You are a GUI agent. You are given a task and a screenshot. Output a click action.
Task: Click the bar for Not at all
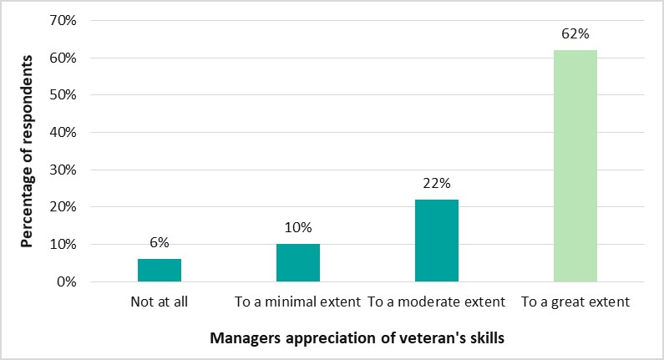point(159,270)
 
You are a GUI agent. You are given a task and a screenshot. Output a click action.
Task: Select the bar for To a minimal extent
point(297,262)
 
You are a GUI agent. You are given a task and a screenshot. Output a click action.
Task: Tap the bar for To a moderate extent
point(436,241)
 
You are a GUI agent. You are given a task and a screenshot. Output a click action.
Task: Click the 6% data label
point(160,242)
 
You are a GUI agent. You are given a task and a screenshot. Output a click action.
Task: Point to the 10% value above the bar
point(298,227)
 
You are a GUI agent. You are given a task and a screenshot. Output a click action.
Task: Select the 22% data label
point(437,183)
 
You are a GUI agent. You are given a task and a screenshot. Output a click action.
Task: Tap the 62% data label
point(575,34)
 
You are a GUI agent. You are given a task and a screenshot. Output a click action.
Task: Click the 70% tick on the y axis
point(65,21)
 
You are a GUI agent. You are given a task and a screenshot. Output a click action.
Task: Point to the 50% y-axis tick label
point(65,95)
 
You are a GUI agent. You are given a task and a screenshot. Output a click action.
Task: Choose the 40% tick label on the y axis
point(65,133)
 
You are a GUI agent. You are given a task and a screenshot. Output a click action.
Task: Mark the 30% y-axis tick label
point(65,170)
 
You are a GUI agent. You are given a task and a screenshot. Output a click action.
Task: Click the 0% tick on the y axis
point(68,281)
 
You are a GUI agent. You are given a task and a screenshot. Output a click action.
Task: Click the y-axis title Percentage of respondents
point(28,151)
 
